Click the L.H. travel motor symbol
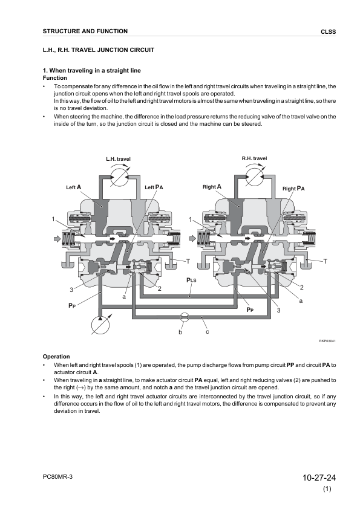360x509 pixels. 118,177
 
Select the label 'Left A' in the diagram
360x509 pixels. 73,187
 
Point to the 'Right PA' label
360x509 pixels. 293,189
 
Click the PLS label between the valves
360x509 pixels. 191,280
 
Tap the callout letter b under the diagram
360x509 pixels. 181,332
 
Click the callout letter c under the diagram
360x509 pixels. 208,331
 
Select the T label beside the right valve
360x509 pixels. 326,261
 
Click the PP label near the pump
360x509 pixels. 72,305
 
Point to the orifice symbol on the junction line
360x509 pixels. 184,317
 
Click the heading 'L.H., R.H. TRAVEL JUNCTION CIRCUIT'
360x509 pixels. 99,50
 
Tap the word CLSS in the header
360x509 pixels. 328,32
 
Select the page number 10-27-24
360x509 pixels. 319,478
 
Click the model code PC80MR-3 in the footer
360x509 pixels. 57,476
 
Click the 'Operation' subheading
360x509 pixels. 56,357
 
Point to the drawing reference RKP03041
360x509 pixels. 327,341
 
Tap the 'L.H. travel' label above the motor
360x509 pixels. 118,159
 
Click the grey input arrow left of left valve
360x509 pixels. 57,239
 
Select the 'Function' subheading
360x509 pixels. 55,78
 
